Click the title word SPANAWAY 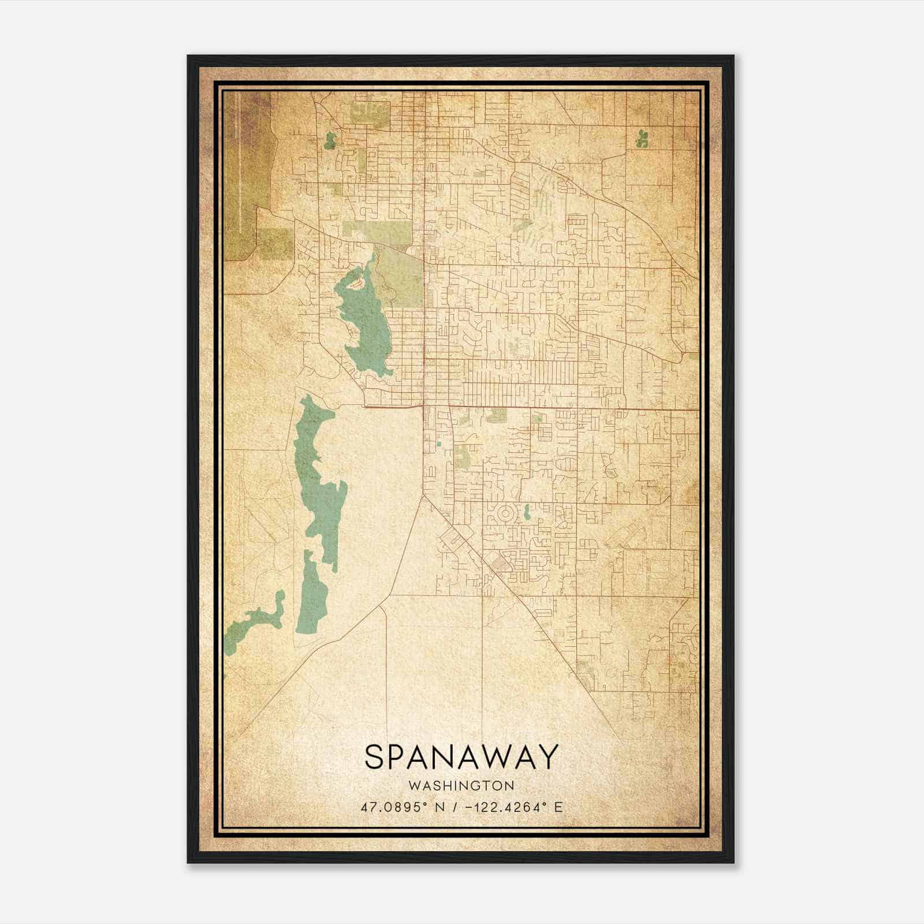(461, 757)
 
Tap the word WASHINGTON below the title (461, 785)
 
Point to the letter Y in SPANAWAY (548, 757)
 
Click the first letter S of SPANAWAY (374, 757)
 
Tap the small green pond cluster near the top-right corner (640, 139)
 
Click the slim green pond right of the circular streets (527, 512)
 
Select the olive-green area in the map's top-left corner (245, 173)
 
